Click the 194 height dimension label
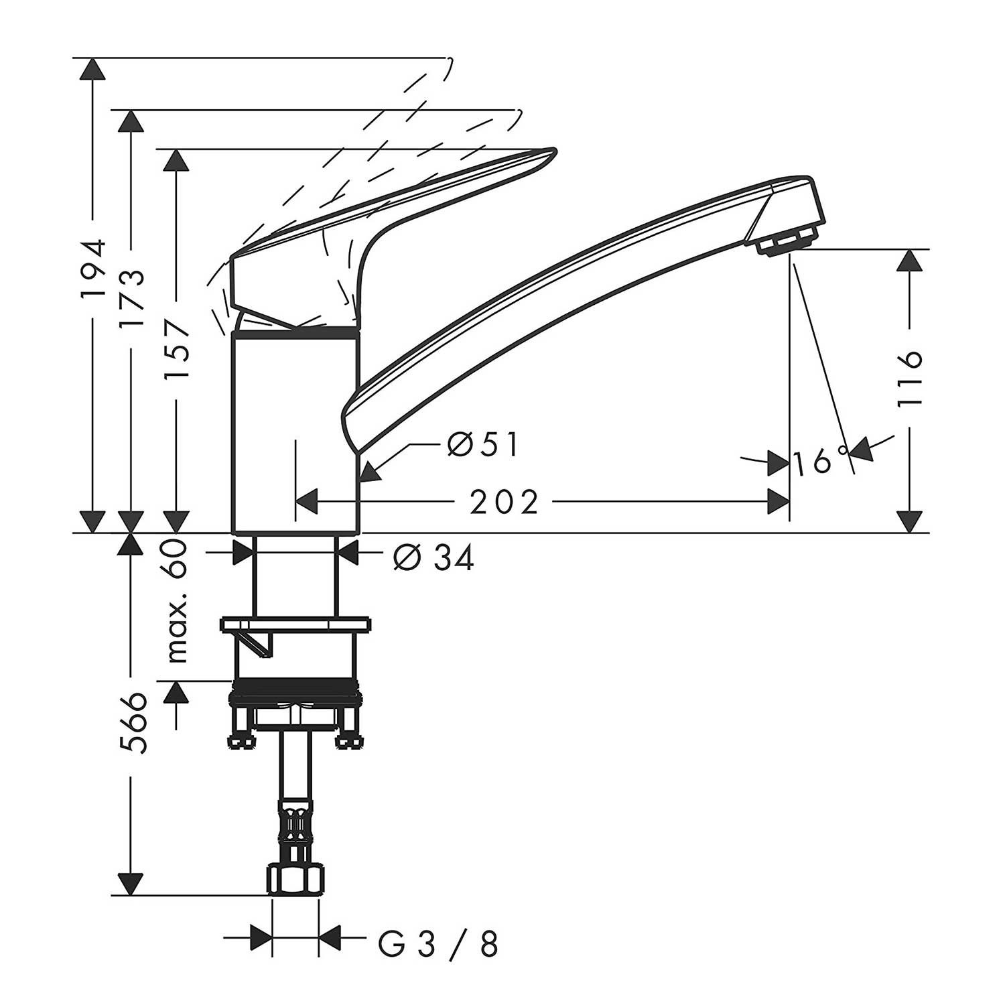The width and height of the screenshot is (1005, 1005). [93, 269]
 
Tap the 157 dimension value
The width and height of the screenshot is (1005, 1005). [177, 350]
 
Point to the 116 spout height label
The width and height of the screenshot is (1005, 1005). [909, 377]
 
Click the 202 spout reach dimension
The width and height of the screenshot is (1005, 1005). [504, 502]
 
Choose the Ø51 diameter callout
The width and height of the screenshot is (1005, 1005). [483, 444]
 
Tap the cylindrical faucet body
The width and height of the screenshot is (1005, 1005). [296, 432]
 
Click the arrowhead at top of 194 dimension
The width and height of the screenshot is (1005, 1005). [93, 70]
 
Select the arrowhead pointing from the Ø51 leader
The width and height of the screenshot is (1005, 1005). [370, 472]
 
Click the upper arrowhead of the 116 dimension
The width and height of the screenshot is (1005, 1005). [909, 262]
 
